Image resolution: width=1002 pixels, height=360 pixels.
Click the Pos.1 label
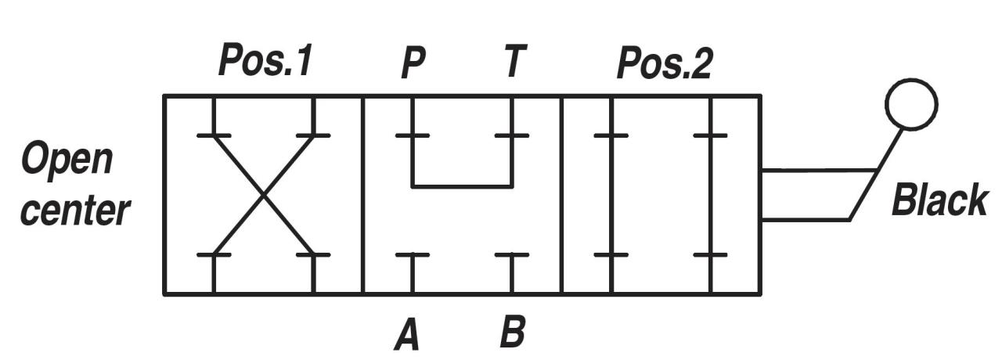click(x=265, y=60)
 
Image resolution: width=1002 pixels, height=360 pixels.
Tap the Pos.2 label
click(x=665, y=63)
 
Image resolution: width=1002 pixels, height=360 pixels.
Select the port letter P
click(x=413, y=61)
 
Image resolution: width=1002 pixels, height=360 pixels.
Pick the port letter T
click(x=514, y=60)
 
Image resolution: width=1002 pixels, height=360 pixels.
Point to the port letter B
click(x=513, y=331)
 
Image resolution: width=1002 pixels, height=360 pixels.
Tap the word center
click(x=75, y=211)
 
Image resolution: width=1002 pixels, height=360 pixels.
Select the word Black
click(x=939, y=200)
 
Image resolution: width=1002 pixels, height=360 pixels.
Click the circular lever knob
click(x=912, y=105)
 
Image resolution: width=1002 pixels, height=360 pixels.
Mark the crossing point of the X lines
click(x=264, y=195)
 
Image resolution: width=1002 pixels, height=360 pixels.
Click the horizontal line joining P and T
click(x=463, y=186)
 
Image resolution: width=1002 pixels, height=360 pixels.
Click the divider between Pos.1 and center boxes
click(x=362, y=195)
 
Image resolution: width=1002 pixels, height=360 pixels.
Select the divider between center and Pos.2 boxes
click(x=562, y=195)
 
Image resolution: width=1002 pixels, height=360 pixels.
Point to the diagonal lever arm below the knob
click(x=875, y=175)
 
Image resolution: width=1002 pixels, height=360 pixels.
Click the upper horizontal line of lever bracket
click(x=819, y=170)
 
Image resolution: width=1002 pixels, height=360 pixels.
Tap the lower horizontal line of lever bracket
click(x=806, y=220)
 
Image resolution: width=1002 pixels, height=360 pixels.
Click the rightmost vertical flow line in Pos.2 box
click(x=711, y=195)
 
